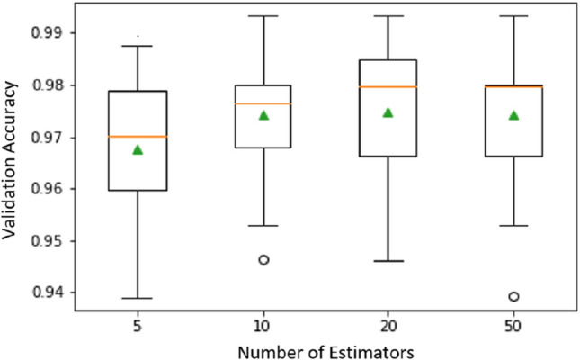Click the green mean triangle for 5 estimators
point(138,149)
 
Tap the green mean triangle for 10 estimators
point(263,115)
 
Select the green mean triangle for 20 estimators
point(388,112)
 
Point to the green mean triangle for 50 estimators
point(513,115)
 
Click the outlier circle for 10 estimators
point(263,259)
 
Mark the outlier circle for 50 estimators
point(513,296)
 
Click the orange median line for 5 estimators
point(138,136)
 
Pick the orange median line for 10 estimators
point(263,103)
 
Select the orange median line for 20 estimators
point(388,86)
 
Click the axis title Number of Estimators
point(326,348)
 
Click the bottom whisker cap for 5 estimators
point(138,298)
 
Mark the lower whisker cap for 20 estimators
point(388,261)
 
